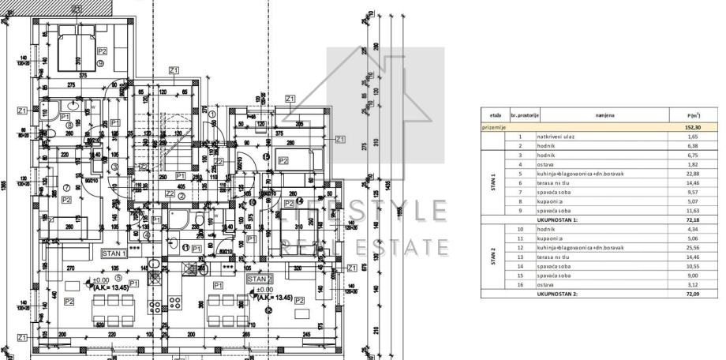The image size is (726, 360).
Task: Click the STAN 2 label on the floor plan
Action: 260,279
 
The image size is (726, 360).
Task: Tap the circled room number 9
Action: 101,62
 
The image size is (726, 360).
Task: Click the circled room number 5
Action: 118,278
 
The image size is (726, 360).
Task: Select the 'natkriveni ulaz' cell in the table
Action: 552,136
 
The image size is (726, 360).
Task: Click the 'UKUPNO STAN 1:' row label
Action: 558,219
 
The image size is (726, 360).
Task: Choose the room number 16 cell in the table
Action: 520,285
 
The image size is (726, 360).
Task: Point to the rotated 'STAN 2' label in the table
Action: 493,257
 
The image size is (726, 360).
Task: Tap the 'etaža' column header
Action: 495,114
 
